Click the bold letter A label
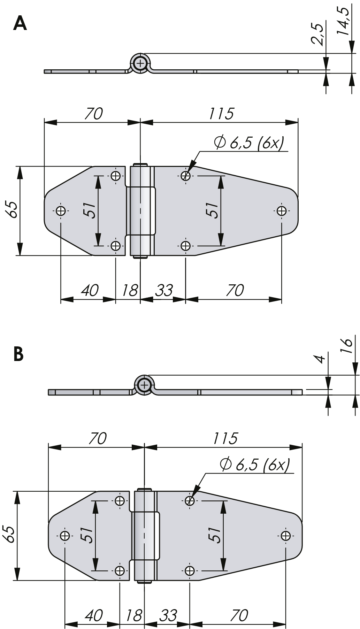click(x=20, y=24)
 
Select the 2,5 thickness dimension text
click(x=318, y=34)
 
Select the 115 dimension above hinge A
click(x=221, y=113)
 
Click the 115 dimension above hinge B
click(x=225, y=438)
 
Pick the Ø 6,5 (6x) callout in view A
click(x=248, y=143)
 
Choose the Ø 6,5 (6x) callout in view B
click(x=254, y=464)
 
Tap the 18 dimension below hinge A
click(x=130, y=290)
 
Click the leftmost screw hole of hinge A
click(x=61, y=210)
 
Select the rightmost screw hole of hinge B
click(x=285, y=535)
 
